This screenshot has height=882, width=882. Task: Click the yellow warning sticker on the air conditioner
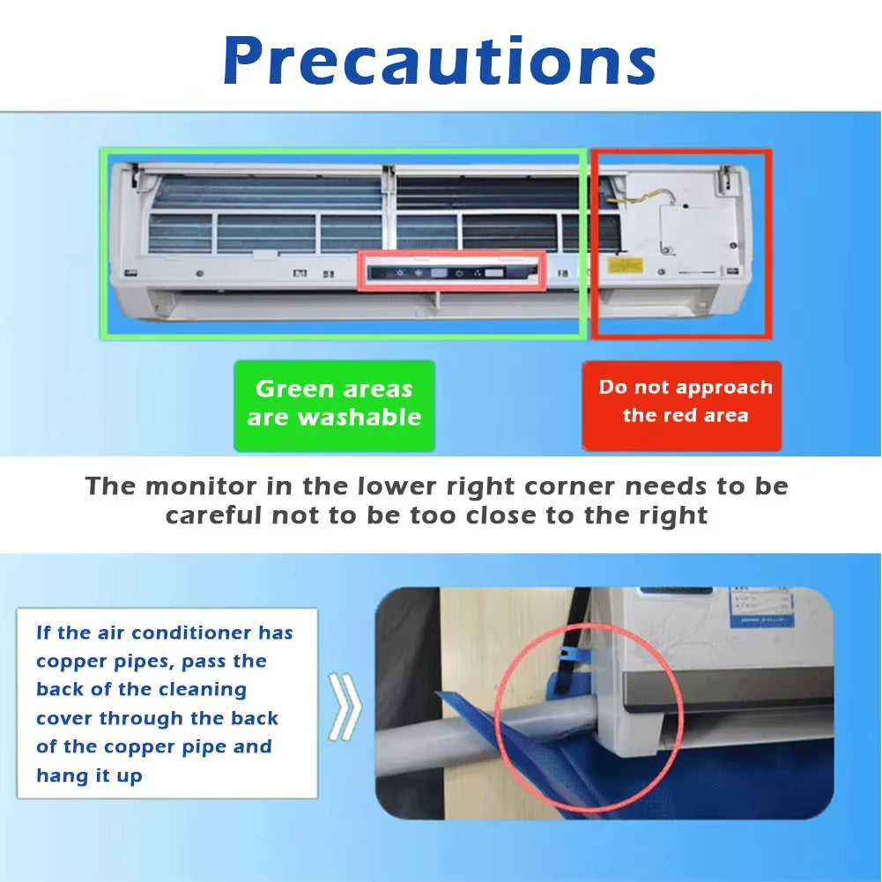pos(627,266)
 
